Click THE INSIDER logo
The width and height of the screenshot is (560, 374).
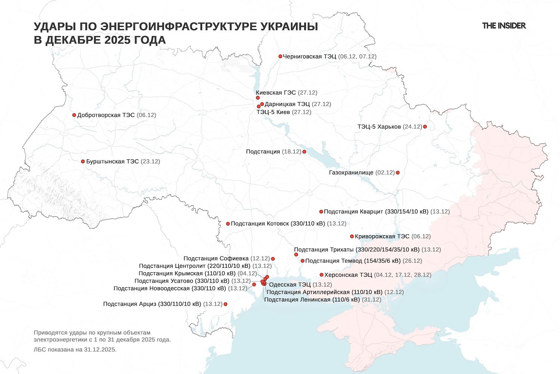pos(504,26)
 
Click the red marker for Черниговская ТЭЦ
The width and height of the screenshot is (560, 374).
pos(280,56)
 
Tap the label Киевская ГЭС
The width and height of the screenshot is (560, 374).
pos(276,93)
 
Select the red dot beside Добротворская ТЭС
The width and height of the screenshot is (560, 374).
pos(74,115)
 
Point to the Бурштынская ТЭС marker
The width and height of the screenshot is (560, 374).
pos(83,162)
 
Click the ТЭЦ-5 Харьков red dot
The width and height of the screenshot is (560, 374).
pos(425,127)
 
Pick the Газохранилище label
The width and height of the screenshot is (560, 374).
pos(351,173)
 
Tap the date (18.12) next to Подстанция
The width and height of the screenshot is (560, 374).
pos(292,152)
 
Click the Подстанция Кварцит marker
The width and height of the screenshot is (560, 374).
pos(321,212)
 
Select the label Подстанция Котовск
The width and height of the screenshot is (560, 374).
pos(278,224)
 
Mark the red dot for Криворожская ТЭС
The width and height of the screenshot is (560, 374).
pos(352,236)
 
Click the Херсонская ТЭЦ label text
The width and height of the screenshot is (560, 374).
pos(348,275)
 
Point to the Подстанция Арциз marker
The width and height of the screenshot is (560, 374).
pos(225,304)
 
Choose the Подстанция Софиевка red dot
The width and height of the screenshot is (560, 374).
pos(273,259)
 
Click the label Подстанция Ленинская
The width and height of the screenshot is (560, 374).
pos(312,300)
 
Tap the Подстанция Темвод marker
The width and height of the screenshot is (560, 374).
pos(302,261)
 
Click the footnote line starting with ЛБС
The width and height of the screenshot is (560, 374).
pos(75,350)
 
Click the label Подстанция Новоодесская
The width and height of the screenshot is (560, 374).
pos(169,289)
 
